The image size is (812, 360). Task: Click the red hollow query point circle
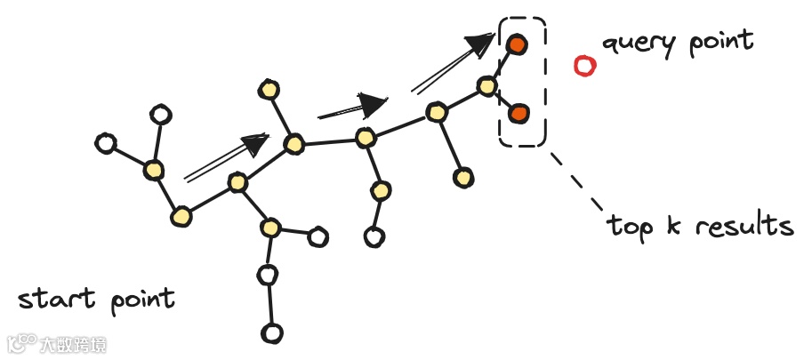pyautogui.click(x=584, y=66)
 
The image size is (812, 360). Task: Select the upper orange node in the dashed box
pyautogui.click(x=517, y=44)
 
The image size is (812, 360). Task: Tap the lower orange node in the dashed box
pyautogui.click(x=519, y=113)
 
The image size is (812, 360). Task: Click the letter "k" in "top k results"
pyautogui.click(x=673, y=224)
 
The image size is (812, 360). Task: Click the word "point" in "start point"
pyautogui.click(x=143, y=300)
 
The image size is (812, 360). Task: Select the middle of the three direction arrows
pyautogui.click(x=355, y=106)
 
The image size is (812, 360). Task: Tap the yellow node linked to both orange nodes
pyautogui.click(x=486, y=86)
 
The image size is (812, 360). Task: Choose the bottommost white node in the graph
pyautogui.click(x=271, y=333)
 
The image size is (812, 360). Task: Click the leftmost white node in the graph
pyautogui.click(x=106, y=142)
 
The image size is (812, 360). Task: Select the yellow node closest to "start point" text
pyautogui.click(x=181, y=216)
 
